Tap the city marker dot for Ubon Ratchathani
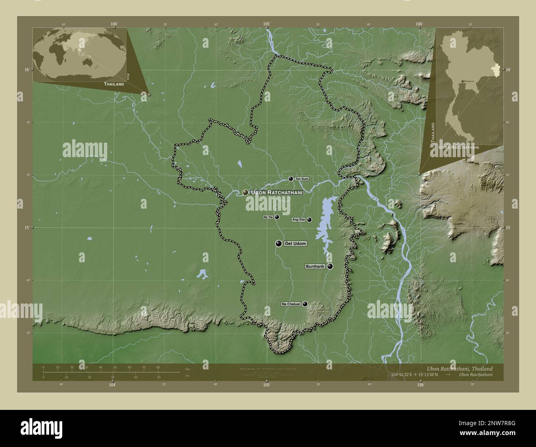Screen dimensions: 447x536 245,192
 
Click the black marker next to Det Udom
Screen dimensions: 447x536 279,244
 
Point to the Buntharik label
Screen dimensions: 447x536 315,267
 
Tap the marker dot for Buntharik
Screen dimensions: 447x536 330,266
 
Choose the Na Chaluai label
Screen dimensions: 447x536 291,304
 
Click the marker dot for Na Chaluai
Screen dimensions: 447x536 305,304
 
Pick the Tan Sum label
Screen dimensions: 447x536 301,179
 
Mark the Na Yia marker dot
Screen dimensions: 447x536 277,217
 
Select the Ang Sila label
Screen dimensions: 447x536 299,220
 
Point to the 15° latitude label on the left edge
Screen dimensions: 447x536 26,228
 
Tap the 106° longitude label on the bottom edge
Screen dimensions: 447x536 420,385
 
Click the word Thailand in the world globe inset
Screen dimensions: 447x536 114,84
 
